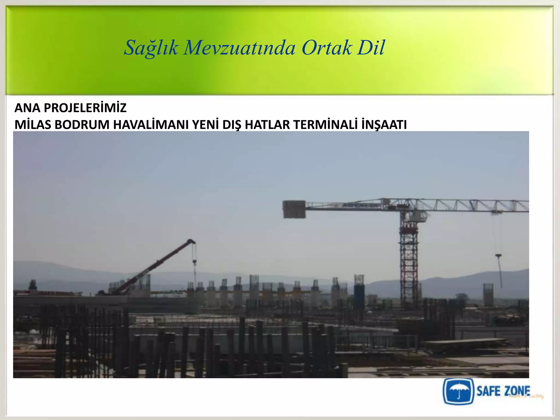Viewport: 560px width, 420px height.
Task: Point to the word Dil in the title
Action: (x=371, y=48)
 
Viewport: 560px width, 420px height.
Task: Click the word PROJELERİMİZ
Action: (x=85, y=108)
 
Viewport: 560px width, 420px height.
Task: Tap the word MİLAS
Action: (x=33, y=125)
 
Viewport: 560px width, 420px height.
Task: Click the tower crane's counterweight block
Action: (x=294, y=209)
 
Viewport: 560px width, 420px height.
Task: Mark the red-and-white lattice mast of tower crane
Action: (x=409, y=260)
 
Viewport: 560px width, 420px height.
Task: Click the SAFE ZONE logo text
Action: (x=503, y=391)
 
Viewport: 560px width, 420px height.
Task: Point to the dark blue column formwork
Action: (x=359, y=293)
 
